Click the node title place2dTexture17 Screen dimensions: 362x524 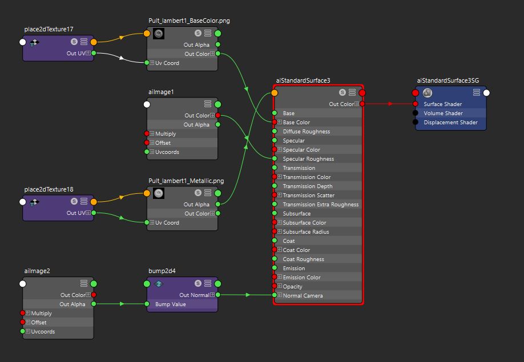(x=49, y=29)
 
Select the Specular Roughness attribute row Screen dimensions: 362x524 (x=308, y=159)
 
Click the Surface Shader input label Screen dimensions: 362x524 (x=442, y=104)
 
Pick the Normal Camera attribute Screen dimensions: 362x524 (x=303, y=296)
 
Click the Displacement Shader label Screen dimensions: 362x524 (x=450, y=123)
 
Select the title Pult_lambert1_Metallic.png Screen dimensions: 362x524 (x=186, y=181)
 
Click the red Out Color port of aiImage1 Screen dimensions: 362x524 (x=218, y=116)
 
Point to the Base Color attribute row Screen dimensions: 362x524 (x=296, y=123)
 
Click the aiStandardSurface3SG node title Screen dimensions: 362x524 (x=448, y=81)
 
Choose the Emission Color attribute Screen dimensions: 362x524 (x=301, y=278)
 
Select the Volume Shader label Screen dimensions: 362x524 (x=443, y=113)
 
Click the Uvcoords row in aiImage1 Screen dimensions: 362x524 (x=167, y=152)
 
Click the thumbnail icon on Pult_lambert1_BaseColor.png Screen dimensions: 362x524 (x=159, y=34)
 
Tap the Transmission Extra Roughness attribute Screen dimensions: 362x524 (x=320, y=205)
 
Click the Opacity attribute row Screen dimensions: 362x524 (x=292, y=287)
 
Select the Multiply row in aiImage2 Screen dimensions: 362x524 (x=41, y=314)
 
